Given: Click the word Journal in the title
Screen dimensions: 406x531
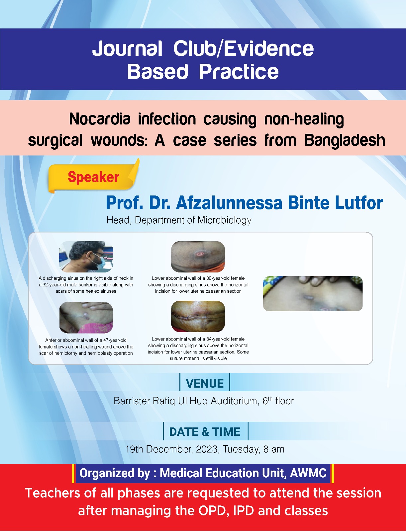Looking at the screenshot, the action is [x=127, y=49].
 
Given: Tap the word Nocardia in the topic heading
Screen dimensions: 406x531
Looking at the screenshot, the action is [x=99, y=119].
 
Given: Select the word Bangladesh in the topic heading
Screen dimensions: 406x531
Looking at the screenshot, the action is [x=345, y=140].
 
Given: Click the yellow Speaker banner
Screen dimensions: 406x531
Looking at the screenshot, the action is [x=94, y=177].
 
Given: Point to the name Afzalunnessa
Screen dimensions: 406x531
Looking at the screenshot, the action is [x=229, y=203].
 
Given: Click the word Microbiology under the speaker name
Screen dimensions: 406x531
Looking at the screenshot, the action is [x=224, y=220].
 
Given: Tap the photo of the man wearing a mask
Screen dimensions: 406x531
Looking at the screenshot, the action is [x=86, y=257].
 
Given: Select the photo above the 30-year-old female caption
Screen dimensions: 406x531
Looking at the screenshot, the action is [x=198, y=257].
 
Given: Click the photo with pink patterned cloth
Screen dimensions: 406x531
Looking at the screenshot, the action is [x=86, y=318].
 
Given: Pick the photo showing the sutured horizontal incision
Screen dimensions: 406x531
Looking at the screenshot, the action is [x=198, y=316].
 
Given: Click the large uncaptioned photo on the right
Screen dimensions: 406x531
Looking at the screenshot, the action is [x=313, y=293].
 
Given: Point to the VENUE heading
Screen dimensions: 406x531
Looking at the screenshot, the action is [x=205, y=383].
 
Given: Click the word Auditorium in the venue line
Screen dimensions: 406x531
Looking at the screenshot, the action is [x=234, y=401].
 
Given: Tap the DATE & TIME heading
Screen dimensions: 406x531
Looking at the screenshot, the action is [x=205, y=432].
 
